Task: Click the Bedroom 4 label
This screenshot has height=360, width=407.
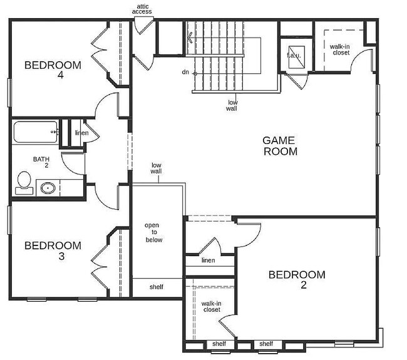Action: click(53, 69)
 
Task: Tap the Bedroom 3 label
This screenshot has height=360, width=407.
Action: click(53, 250)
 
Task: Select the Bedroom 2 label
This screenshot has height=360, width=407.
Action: click(296, 279)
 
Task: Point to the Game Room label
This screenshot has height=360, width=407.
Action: click(279, 146)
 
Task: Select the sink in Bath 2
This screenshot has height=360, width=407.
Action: click(46, 187)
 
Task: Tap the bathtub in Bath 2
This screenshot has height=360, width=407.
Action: click(35, 132)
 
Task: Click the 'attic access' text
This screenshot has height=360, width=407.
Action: click(140, 9)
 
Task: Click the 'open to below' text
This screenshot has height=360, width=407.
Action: click(153, 232)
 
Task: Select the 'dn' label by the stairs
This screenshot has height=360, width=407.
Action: click(185, 72)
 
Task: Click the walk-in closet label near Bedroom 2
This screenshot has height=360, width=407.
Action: click(211, 306)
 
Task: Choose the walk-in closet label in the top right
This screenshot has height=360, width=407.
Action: click(340, 49)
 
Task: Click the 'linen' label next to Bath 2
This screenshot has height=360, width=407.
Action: click(81, 133)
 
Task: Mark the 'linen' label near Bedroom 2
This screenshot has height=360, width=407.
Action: click(209, 260)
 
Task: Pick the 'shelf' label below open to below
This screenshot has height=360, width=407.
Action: click(157, 287)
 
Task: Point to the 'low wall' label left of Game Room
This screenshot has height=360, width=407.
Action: click(157, 168)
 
